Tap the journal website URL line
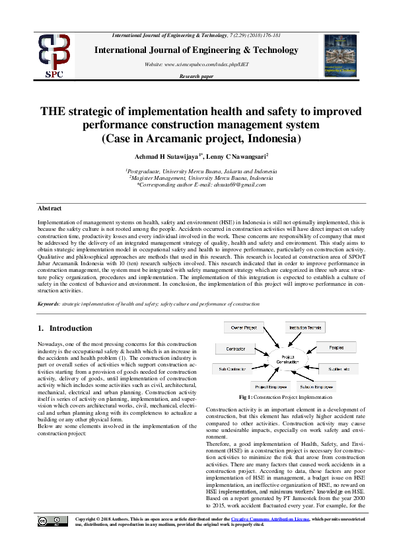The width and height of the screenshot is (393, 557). click(x=196, y=64)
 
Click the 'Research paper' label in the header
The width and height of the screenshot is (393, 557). click(x=197, y=77)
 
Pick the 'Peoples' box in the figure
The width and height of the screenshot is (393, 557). click(x=336, y=347)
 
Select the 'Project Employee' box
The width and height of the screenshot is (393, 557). click(x=271, y=386)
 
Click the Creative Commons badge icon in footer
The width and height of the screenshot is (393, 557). click(x=53, y=540)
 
